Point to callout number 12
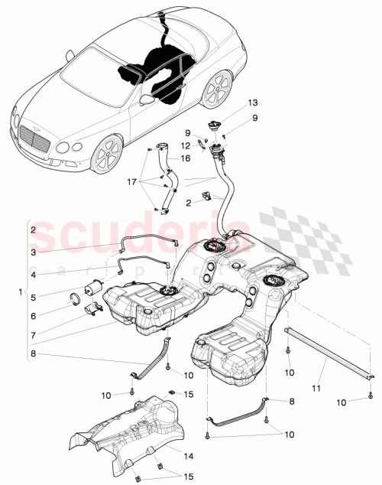tap(185, 145)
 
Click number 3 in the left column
tap(32, 251)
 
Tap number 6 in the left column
tap(32, 315)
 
